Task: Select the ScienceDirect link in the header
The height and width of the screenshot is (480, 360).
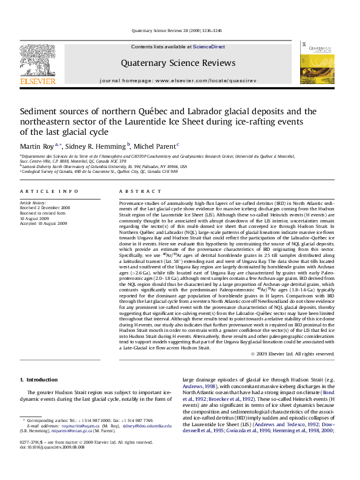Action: tap(209, 47)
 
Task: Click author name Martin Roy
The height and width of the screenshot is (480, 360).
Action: tap(37, 146)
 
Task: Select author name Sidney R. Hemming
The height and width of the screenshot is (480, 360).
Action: tap(94, 146)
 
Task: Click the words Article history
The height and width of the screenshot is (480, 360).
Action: tap(33, 203)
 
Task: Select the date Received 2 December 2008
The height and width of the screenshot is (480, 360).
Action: tap(45, 208)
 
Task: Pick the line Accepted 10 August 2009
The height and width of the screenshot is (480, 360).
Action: tap(44, 223)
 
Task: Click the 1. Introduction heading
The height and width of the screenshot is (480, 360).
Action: tap(39, 380)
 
